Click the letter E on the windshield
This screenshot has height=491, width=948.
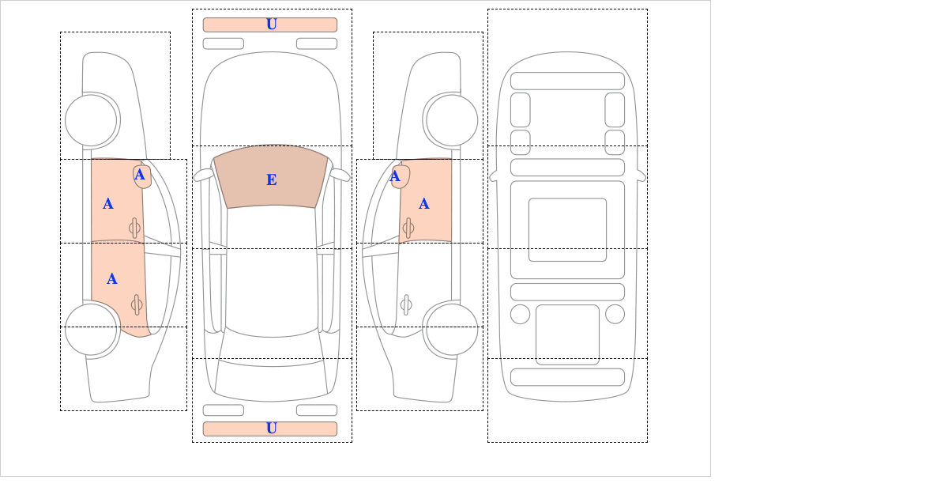pos(272,180)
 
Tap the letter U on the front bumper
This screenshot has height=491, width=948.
pos(272,25)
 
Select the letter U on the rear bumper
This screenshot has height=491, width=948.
pos(272,429)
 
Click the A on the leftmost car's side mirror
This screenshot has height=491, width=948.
pos(140,175)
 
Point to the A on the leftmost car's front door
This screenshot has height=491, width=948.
pos(108,204)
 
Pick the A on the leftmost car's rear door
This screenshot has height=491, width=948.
pos(111,279)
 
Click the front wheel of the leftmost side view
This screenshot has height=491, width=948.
pos(91,120)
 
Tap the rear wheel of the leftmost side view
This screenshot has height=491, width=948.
pos(91,329)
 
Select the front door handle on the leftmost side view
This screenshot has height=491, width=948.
pos(134,229)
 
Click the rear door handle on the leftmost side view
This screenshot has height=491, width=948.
pos(137,304)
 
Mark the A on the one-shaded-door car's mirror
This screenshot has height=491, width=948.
pos(395,176)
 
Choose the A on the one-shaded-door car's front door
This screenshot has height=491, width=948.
pos(424,204)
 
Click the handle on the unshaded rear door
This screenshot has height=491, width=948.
pos(406,304)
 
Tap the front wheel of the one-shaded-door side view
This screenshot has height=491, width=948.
pos(452,120)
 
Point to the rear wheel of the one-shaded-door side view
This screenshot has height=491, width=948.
pos(452,329)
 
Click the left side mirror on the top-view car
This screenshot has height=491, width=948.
pos(203,175)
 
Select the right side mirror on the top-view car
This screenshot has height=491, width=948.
pos(340,175)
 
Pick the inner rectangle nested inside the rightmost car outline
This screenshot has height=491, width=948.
pos(567,229)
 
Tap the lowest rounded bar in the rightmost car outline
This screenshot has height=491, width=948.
pos(567,377)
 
